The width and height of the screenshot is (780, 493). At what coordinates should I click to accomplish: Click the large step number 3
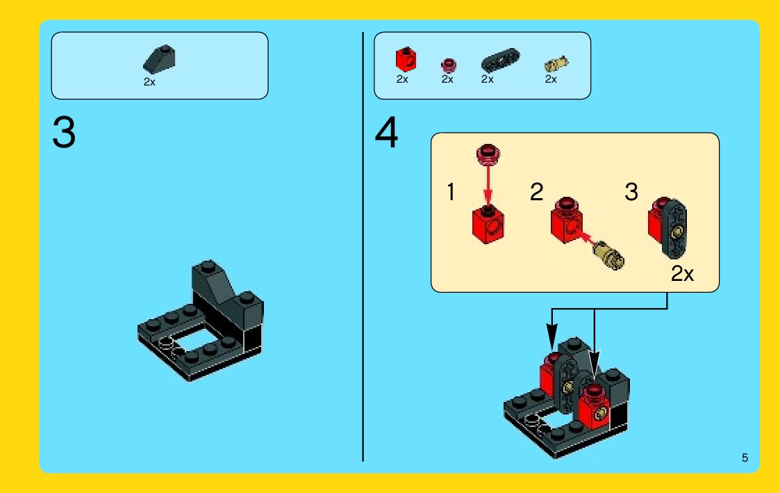point(64,132)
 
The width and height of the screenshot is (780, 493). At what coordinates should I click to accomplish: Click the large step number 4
point(386,132)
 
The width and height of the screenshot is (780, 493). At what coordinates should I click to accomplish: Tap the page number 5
point(745,458)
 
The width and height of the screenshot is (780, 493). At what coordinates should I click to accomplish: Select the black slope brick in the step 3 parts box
point(159,59)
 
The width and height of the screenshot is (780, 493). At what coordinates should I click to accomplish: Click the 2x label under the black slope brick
point(149,82)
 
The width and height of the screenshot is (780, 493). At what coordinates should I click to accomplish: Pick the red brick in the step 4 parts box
point(406,60)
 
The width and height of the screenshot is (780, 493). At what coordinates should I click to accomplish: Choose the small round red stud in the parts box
point(448,65)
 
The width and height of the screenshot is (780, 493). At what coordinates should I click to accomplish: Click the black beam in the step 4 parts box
point(500,60)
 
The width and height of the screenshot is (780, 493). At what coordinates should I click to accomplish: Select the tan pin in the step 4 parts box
point(556,64)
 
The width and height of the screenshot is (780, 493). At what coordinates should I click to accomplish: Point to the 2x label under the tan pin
point(551,79)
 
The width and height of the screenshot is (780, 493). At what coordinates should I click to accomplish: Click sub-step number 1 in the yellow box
point(451,192)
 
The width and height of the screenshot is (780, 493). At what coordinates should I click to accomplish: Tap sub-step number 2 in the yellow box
point(536,192)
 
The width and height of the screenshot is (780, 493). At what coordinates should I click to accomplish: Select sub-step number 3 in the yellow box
point(631,192)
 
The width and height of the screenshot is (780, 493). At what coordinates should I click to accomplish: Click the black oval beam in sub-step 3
point(675,229)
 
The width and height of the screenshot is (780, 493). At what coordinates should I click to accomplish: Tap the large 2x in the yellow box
point(682,273)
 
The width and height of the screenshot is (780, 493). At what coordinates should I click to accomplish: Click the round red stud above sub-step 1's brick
point(488,154)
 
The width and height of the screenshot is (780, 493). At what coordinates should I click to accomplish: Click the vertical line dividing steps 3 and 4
point(363,246)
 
